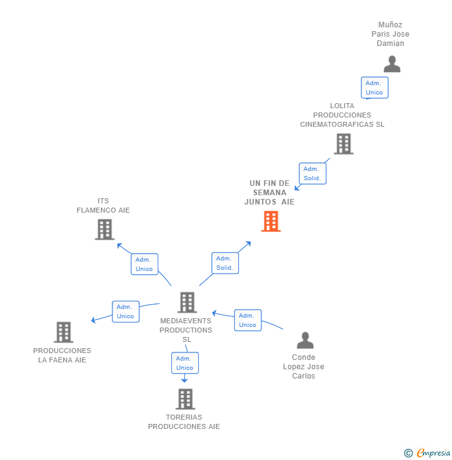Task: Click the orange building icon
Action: point(271,221)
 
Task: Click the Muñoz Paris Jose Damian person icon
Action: point(392,64)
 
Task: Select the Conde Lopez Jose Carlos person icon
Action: point(305,340)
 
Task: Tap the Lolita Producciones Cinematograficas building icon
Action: point(343,144)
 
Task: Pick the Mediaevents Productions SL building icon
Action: point(187,303)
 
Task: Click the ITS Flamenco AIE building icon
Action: point(104,229)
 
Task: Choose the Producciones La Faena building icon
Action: point(63,333)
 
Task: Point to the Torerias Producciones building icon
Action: point(185,399)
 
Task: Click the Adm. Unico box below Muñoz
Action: point(374,88)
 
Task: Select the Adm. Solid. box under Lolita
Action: point(312,173)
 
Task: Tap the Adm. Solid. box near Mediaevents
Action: point(225,263)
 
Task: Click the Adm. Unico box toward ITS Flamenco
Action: point(144,264)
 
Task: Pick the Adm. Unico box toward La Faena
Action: point(125,311)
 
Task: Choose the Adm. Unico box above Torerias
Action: point(185,363)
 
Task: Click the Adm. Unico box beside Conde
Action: point(248,320)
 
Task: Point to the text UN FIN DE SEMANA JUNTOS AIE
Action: point(269,193)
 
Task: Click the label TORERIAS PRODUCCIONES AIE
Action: point(184,421)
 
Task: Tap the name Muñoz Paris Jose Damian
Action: point(391,34)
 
